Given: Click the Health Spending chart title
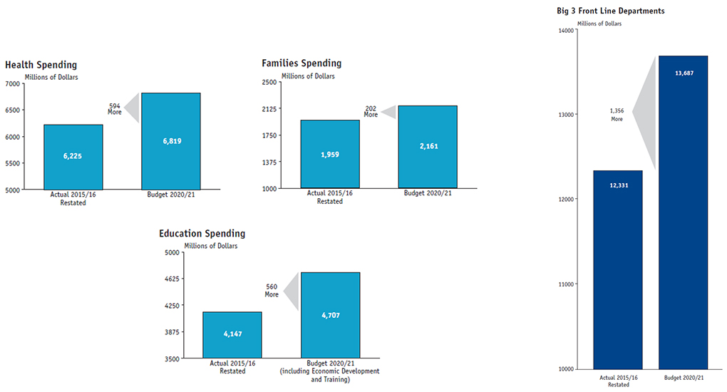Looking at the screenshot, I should coord(41,65).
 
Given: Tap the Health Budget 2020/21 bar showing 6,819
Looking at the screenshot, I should coord(171,141).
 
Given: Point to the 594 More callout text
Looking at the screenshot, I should coord(115,109).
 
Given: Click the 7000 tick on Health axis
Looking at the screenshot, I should coord(14,83).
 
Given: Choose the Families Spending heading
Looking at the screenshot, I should coord(301,63).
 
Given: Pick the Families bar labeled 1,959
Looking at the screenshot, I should coord(330,154).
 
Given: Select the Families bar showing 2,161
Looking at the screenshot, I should coord(428,147).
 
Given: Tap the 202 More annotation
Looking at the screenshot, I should coord(371,111).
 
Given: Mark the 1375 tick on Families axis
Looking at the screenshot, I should coord(269,163).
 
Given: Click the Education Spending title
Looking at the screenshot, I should coord(202,233).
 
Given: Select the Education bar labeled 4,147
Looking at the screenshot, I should coord(232,335).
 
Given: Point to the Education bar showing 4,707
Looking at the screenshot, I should coord(330,315).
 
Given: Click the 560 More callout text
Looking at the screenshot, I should coord(272,290).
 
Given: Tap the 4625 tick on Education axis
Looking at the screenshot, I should coord(172,279).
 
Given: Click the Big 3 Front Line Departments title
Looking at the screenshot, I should coord(611,11).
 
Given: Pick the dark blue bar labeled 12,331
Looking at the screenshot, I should coord(618,269).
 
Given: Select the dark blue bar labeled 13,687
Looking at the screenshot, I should coord(683,212).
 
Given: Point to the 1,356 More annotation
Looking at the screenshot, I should coord(617,115).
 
